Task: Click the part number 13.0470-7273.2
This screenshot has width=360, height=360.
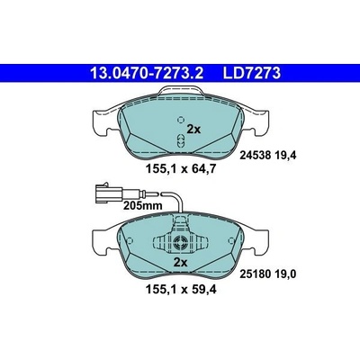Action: [147, 73]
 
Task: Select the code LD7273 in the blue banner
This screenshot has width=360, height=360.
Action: [251, 73]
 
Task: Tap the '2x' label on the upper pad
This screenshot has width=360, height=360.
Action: [193, 130]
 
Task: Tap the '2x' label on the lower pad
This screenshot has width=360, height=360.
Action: [181, 263]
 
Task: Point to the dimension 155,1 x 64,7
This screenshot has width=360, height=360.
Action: [181, 169]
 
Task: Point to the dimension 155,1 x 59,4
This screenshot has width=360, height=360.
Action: [181, 290]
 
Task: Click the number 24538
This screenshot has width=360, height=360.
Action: [256, 155]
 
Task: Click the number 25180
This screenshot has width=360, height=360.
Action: [256, 274]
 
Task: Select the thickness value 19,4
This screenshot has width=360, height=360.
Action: [286, 155]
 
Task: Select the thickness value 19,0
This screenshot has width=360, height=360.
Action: [286, 274]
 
